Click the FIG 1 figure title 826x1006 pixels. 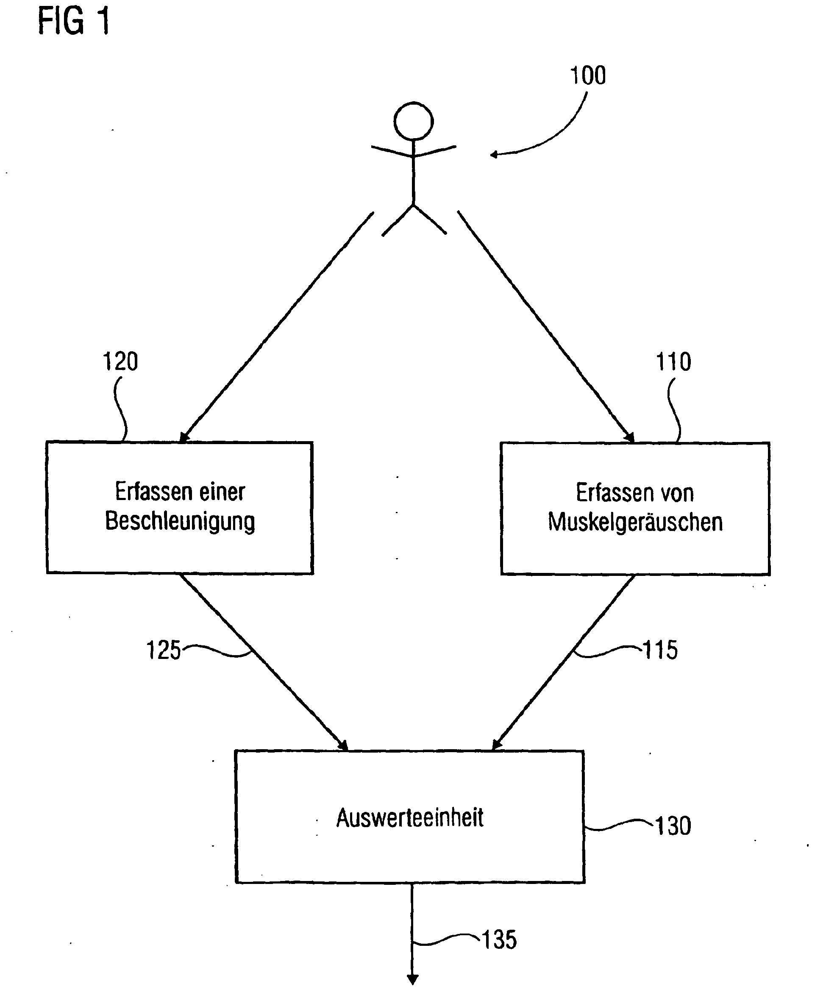74,22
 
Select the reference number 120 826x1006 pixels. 120,362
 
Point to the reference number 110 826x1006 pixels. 673,362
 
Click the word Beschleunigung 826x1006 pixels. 180,522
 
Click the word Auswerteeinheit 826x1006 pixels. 410,818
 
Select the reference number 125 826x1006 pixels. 163,650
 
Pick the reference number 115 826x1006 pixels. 660,650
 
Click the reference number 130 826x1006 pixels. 673,826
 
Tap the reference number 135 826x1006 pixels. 499,940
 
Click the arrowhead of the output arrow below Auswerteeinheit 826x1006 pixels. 412,979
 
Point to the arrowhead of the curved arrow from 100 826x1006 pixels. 494,154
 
